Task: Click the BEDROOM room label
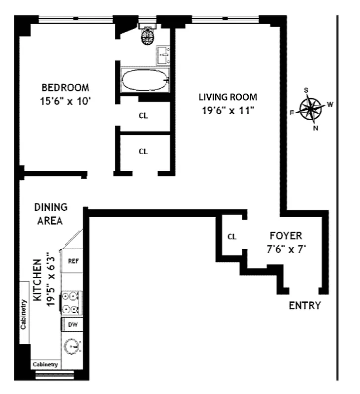point(65,88)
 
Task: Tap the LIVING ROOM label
point(228,97)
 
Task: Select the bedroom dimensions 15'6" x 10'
point(65,101)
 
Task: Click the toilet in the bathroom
point(147,36)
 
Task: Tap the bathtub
point(144,80)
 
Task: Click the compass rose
point(311,109)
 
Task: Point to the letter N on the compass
point(316,128)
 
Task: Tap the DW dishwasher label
point(72,325)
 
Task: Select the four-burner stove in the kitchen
point(71,303)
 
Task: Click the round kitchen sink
point(72,347)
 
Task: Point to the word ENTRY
point(304,305)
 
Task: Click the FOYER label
point(286,236)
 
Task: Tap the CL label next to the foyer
point(232,237)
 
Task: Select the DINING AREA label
point(51,214)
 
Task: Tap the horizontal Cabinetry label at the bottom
point(46,365)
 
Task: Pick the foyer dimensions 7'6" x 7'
point(286,249)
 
